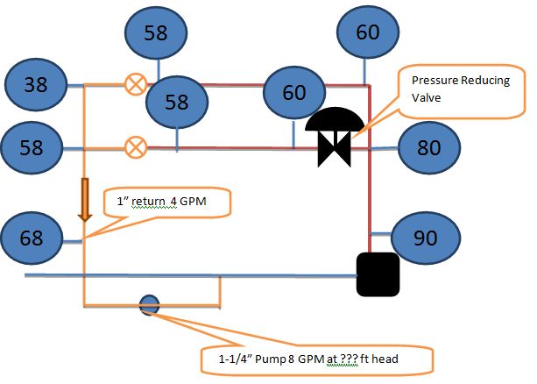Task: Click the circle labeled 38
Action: coord(35,85)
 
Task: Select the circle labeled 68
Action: coord(32,237)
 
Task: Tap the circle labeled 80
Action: coord(428,146)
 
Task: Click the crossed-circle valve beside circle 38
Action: coord(135,84)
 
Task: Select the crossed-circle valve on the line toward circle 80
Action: coord(135,146)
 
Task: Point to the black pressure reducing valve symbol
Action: coord(334,137)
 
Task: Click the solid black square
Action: coord(378,274)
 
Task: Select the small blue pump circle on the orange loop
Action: coord(148,305)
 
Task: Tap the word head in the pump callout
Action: coord(409,358)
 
